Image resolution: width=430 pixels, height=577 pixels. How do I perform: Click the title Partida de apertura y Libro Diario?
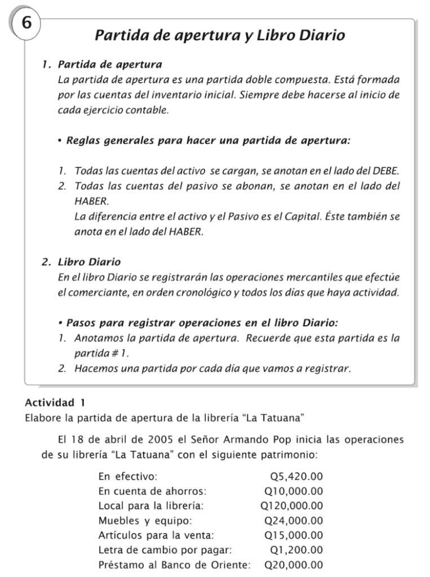(219, 36)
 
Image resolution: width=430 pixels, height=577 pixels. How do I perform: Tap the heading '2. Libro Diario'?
(81, 262)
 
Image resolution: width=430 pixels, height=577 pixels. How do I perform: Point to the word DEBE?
(384, 170)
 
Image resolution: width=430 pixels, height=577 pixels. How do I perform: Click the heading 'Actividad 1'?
(55, 403)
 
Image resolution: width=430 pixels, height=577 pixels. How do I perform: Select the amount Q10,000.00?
(294, 491)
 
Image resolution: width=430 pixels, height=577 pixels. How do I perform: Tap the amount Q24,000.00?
(294, 520)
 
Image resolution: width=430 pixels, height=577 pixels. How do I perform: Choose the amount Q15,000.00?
(294, 535)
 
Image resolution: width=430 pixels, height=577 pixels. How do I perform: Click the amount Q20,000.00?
(294, 565)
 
